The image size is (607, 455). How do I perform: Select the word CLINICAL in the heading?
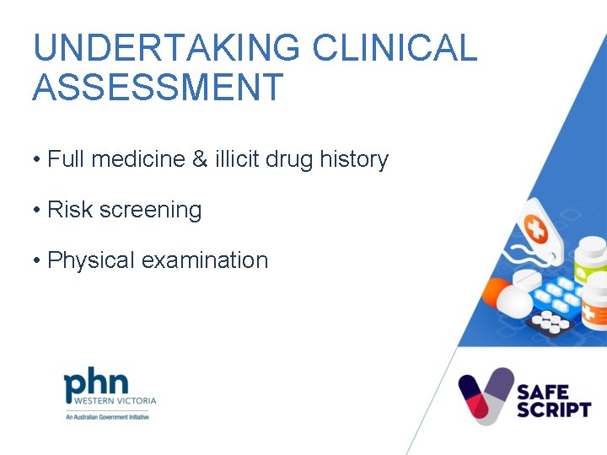click(395, 48)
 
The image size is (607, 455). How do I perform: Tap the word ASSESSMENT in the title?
click(158, 88)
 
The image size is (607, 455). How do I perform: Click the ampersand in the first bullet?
click(199, 159)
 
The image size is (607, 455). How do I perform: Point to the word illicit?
click(237, 159)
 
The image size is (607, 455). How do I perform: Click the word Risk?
click(70, 210)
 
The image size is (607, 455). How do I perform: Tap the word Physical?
click(91, 260)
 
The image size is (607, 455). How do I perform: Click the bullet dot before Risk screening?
click(37, 211)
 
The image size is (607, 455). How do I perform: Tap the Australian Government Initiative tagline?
click(107, 417)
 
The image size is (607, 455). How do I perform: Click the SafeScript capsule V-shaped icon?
click(486, 394)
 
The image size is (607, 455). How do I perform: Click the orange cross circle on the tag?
click(535, 227)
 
